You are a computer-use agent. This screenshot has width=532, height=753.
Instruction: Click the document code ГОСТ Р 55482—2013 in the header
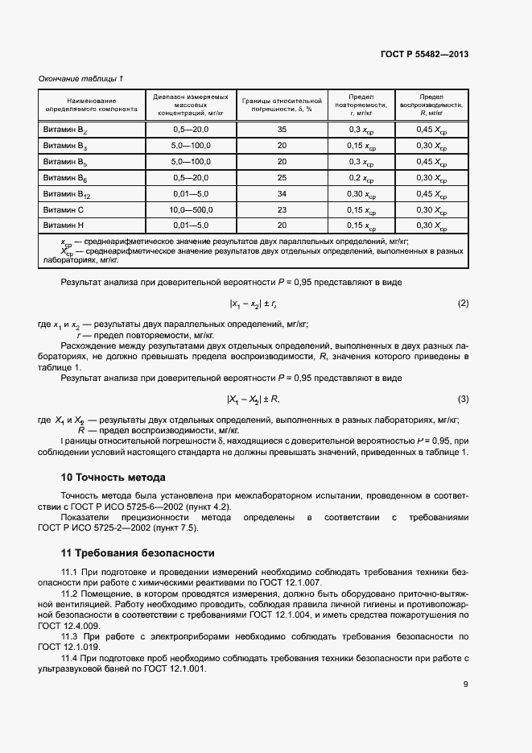coord(424,54)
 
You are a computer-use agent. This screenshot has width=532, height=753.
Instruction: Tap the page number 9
coord(466,685)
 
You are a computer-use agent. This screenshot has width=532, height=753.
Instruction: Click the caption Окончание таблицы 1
coord(80,78)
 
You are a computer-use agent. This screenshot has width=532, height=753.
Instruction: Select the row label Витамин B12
coord(67,194)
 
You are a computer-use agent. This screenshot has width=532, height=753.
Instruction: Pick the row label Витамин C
coord(65,209)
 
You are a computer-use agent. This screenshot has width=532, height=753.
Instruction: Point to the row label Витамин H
coord(65,225)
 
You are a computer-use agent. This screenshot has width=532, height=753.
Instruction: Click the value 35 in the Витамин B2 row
coord(282,130)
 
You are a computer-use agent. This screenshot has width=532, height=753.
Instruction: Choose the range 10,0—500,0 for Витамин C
coord(191,209)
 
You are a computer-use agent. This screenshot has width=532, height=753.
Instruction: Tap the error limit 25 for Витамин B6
coord(282,178)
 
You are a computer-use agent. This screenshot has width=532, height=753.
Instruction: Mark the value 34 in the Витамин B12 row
coord(282,194)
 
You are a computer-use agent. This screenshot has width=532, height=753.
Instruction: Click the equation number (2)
coord(463,303)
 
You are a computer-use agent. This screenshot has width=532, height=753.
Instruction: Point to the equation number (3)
coord(463,399)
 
